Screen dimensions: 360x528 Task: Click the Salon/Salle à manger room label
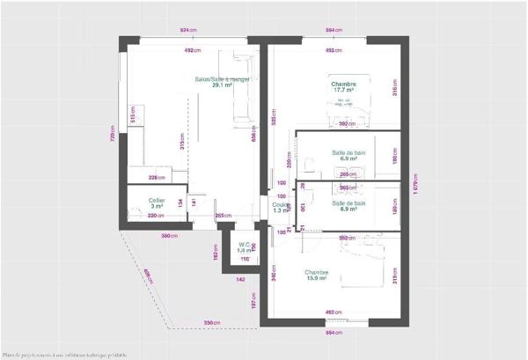(x=223, y=82)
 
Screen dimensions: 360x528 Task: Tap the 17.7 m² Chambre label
(x=343, y=86)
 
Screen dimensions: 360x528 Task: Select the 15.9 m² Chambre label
(x=317, y=276)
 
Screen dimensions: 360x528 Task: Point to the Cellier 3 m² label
(x=157, y=202)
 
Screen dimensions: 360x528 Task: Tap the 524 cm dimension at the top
(x=187, y=31)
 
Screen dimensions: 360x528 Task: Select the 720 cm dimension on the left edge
(x=112, y=132)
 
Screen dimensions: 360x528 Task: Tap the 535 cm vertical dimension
(x=274, y=119)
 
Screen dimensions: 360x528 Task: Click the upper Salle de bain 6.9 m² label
(x=348, y=156)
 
